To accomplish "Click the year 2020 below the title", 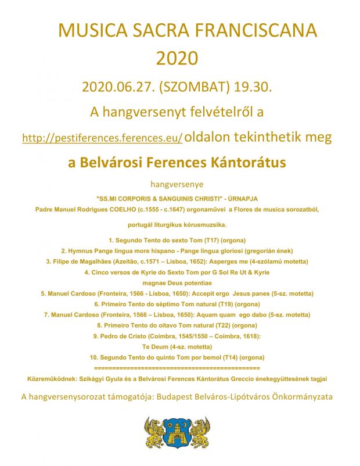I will (177, 58).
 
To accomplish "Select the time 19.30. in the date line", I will (254, 87).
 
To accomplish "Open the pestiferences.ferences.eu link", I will (102, 138).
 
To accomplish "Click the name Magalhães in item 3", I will (110, 261).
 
